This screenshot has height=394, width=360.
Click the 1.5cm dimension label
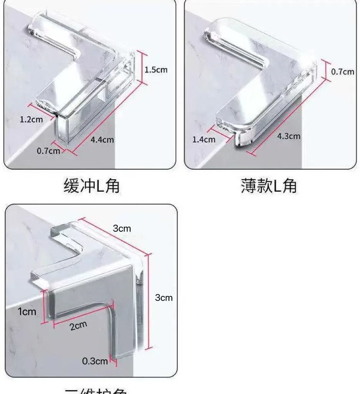click(x=156, y=70)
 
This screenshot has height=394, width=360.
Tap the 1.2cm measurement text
click(x=31, y=119)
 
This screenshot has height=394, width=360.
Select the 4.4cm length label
click(x=102, y=139)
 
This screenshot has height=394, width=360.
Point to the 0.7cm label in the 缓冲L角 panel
click(x=48, y=150)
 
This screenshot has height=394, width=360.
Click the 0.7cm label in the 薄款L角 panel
click(x=343, y=72)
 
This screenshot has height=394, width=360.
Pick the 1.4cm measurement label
click(x=204, y=139)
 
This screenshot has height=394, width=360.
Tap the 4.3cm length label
click(x=289, y=136)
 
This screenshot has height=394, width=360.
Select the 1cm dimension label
click(x=27, y=311)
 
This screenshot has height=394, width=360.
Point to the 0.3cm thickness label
click(x=95, y=361)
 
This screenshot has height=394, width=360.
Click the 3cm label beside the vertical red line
click(x=164, y=297)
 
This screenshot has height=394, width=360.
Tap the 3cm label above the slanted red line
click(x=122, y=229)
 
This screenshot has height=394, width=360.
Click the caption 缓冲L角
click(x=91, y=186)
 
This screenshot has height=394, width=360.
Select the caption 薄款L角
click(x=269, y=186)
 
